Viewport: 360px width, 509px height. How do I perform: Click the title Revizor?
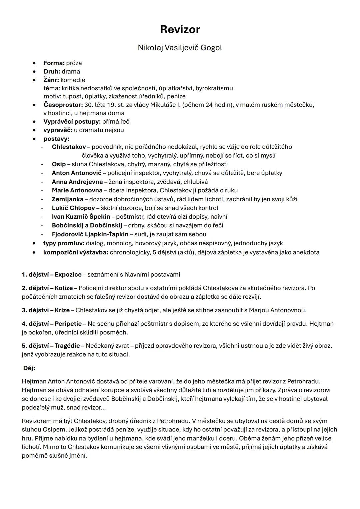180,29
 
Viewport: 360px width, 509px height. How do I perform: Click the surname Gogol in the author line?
211,48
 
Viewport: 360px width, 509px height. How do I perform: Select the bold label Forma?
54,63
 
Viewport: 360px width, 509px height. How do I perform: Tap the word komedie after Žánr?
73,80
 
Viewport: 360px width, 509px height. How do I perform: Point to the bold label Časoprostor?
63,105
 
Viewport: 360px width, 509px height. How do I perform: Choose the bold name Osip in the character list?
59,164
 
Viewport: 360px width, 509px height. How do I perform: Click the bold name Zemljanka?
67,199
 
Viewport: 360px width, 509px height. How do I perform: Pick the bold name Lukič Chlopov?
73,208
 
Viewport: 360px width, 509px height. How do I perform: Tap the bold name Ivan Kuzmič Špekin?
81,216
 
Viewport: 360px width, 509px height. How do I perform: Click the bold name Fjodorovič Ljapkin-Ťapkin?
90,234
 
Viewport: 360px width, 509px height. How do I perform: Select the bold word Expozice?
68,275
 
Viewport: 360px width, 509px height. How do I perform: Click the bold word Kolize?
64,288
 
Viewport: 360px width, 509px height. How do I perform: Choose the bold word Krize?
62,310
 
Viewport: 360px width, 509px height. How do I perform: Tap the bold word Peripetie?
68,324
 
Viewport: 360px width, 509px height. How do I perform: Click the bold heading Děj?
29,368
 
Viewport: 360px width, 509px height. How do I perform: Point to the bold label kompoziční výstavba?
76,252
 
